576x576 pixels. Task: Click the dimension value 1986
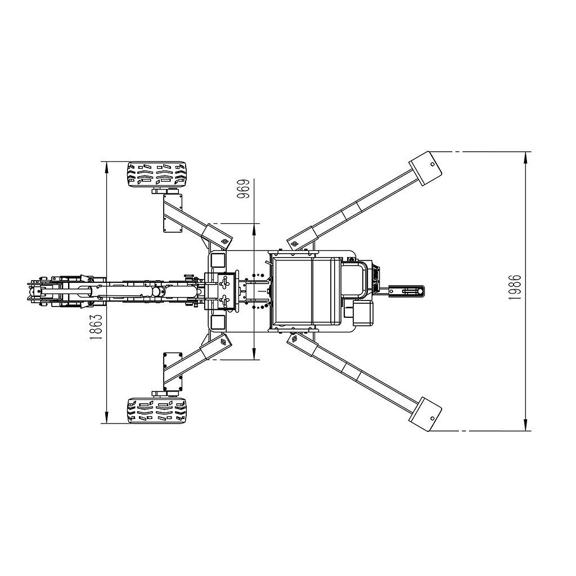tap(514, 287)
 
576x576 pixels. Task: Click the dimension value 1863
tap(97, 326)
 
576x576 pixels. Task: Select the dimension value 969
tap(243, 190)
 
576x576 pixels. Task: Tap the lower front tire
tap(156, 411)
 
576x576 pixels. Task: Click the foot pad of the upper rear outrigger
tap(427, 167)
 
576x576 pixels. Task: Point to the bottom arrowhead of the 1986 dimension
tap(525, 426)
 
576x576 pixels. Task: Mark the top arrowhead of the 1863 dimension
tap(106, 165)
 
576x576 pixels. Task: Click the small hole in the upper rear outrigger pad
tap(432, 164)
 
